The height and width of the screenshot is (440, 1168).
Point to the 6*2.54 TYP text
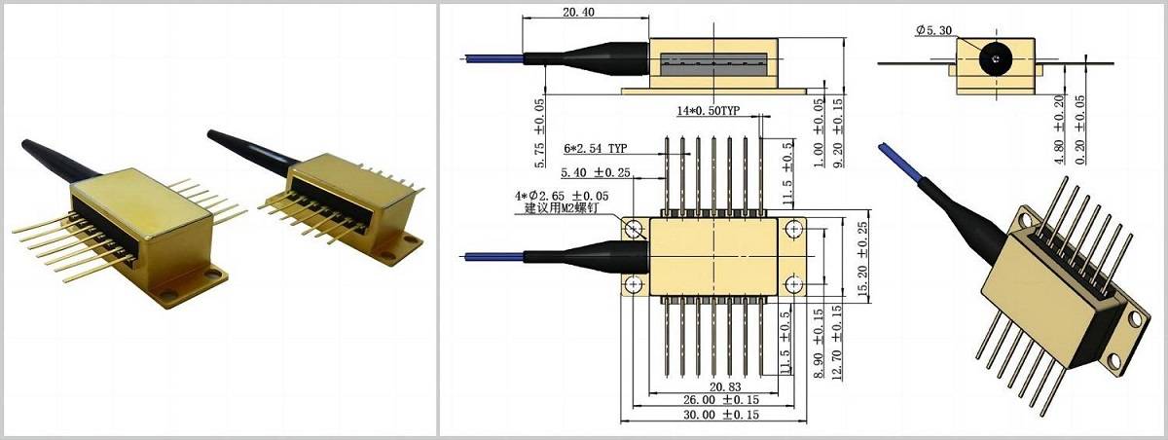click(x=594, y=149)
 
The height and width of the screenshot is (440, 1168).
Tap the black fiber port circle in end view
click(x=993, y=59)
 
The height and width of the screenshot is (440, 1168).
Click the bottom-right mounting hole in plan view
click(x=795, y=284)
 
